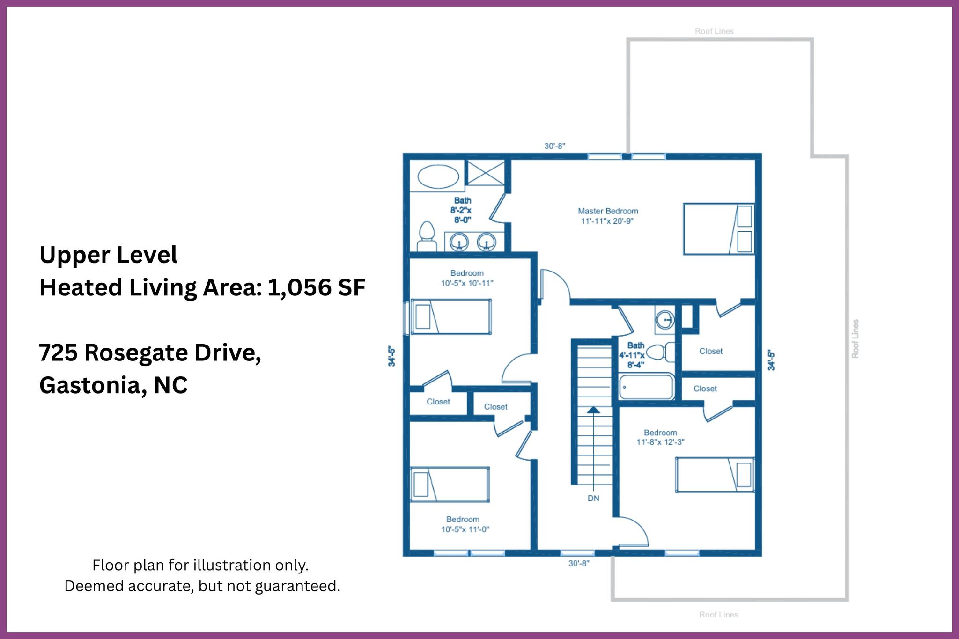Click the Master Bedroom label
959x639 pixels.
pos(608,211)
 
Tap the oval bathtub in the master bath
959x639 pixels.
pos(438,177)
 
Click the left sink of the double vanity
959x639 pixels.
pos(459,242)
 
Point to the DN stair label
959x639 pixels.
pos(593,499)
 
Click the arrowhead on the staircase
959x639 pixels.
pos(593,410)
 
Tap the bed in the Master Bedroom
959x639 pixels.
pos(719,229)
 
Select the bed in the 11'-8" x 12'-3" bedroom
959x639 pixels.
pos(715,475)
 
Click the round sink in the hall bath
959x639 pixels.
pos(665,320)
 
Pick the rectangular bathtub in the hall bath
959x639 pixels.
pos(646,387)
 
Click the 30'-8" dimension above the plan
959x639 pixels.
pos(554,146)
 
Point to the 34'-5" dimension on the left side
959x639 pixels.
pos(391,356)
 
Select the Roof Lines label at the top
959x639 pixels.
pos(714,31)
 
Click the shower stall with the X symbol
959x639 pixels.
pos(486,172)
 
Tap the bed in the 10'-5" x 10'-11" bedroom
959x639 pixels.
pos(451,316)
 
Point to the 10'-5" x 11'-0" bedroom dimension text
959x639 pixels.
pos(465,529)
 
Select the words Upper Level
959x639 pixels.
pos(109,255)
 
